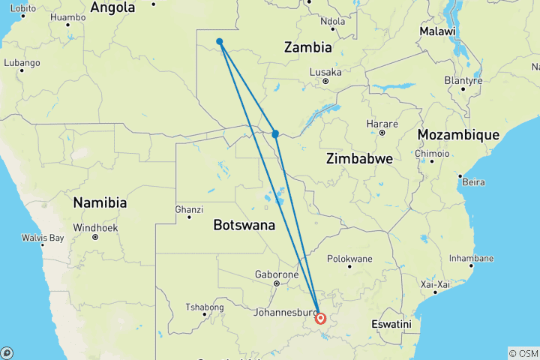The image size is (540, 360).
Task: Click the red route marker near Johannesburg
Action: pyautogui.click(x=320, y=318)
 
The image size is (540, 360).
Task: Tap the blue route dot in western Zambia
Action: pyautogui.click(x=219, y=41)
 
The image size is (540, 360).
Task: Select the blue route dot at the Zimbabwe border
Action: pyautogui.click(x=275, y=133)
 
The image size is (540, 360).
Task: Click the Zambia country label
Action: pyautogui.click(x=307, y=47)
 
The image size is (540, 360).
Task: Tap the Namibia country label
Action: pyautogui.click(x=100, y=202)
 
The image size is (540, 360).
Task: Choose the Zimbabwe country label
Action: pyautogui.click(x=359, y=159)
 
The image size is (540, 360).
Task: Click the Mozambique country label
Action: pyautogui.click(x=458, y=134)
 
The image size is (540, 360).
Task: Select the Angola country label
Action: pyautogui.click(x=112, y=7)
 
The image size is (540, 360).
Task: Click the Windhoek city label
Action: pyautogui.click(x=94, y=227)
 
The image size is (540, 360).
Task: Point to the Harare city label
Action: pyautogui.click(x=381, y=124)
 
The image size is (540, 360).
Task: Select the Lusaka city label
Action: pyautogui.click(x=325, y=72)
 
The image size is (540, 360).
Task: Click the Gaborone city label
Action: pyautogui.click(x=276, y=274)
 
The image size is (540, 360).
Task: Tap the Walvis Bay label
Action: pyautogui.click(x=43, y=238)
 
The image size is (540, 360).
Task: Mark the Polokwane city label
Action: pyautogui.click(x=349, y=258)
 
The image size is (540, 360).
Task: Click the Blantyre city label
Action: pyautogui.click(x=462, y=79)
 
